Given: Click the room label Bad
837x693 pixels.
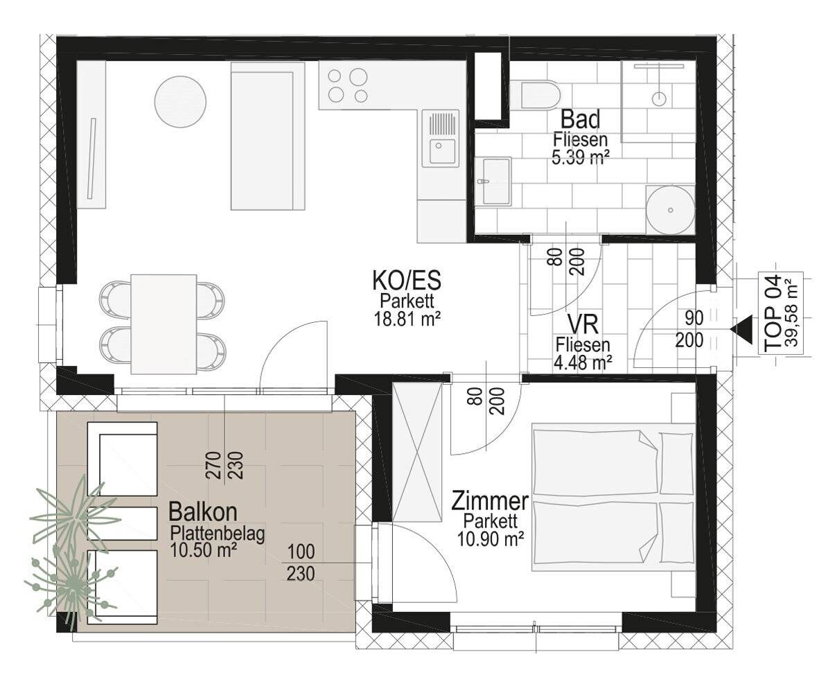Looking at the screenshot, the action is (x=580, y=119).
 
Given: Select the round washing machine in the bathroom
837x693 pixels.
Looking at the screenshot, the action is (x=670, y=209).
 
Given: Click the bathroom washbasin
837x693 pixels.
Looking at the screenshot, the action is (x=493, y=182).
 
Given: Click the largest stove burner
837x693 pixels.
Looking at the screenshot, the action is (x=358, y=76).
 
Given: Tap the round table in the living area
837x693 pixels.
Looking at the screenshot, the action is (x=180, y=102).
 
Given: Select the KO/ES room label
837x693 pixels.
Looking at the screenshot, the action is (x=407, y=280).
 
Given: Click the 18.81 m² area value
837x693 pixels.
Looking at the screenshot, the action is (x=407, y=319).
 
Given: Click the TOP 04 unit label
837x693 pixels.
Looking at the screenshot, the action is (x=772, y=313).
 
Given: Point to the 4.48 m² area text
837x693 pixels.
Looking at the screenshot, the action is (x=583, y=362).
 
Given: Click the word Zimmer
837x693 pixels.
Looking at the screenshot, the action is (x=490, y=501).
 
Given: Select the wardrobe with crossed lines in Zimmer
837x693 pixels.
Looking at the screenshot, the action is (x=417, y=452).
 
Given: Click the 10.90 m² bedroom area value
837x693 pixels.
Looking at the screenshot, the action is (x=491, y=539).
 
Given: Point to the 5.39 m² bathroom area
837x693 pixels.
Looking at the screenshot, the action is (x=578, y=157).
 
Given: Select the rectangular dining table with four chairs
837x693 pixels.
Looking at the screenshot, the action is (x=164, y=324).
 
